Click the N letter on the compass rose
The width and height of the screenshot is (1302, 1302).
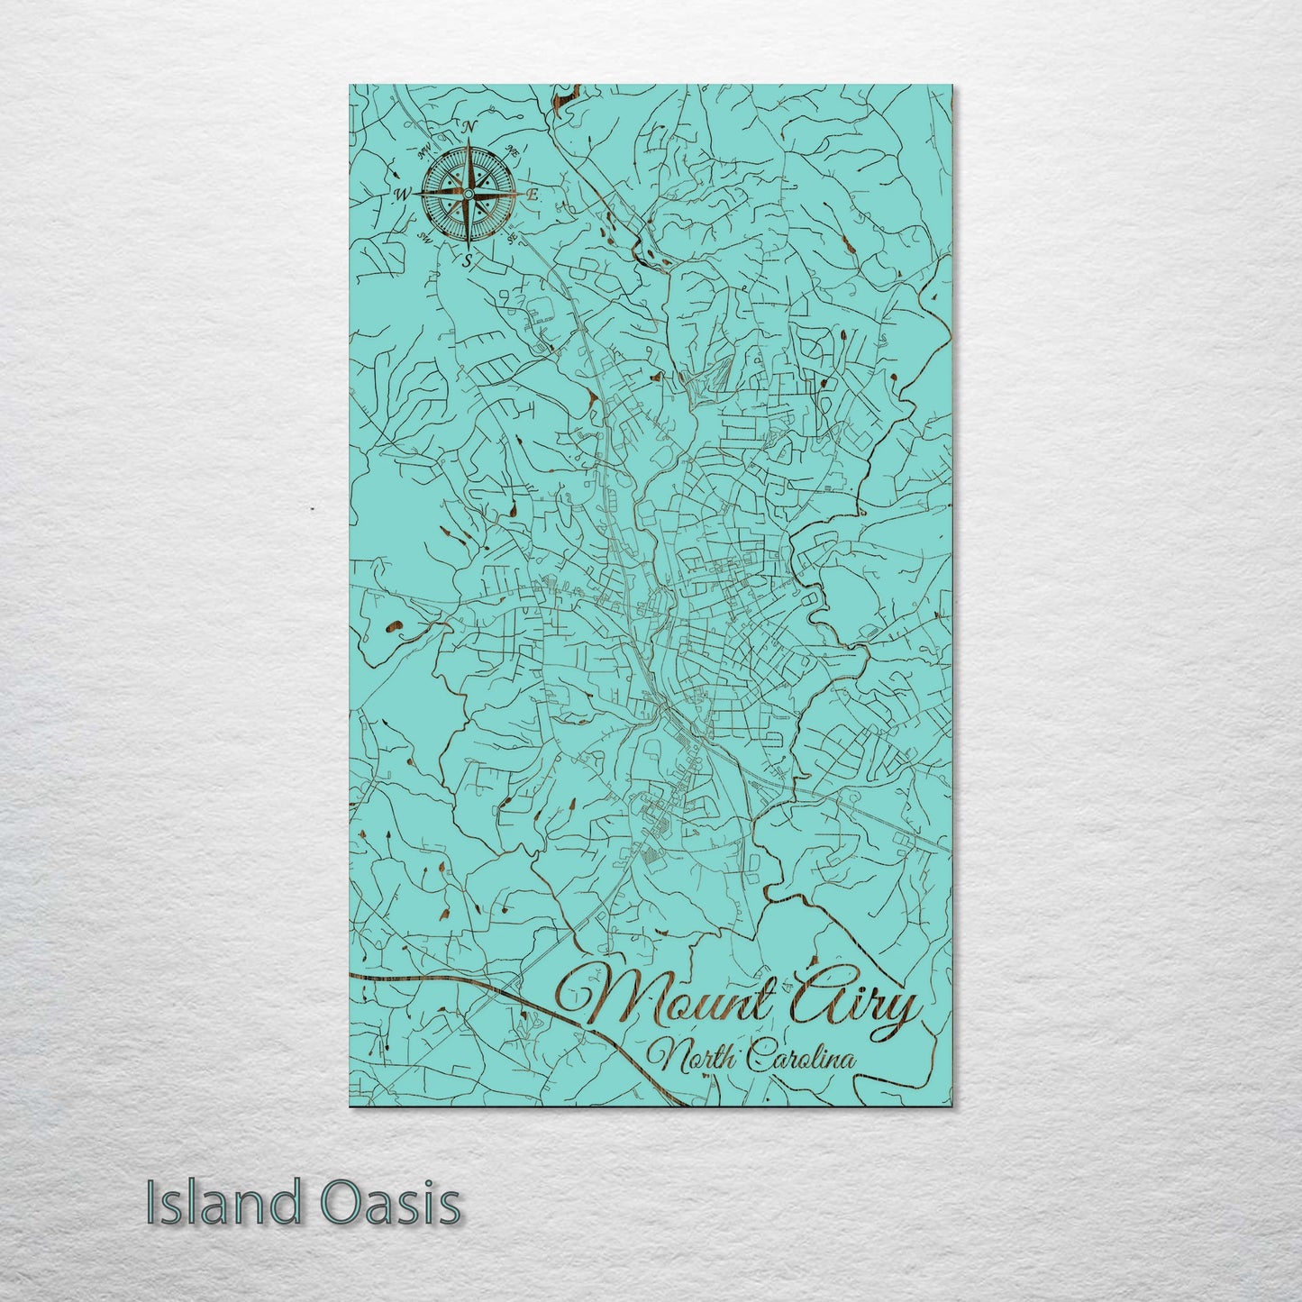point(468,127)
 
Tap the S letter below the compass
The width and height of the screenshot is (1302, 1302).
point(467,262)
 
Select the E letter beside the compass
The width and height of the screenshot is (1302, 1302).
point(533,194)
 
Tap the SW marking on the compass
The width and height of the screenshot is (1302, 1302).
point(423,236)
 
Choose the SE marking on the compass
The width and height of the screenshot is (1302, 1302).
point(512,238)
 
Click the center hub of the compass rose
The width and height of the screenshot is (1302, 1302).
point(468,194)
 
